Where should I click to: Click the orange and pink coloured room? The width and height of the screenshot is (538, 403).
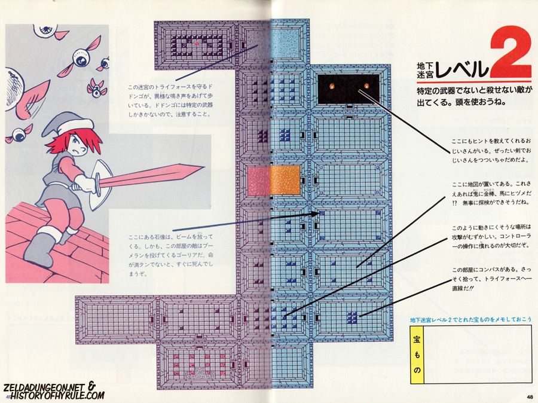[x=274, y=180]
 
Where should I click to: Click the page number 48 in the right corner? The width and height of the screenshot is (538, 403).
[x=530, y=396]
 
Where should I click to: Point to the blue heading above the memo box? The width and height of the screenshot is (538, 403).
[x=470, y=320]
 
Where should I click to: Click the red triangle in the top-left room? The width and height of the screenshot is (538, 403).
[x=197, y=43]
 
